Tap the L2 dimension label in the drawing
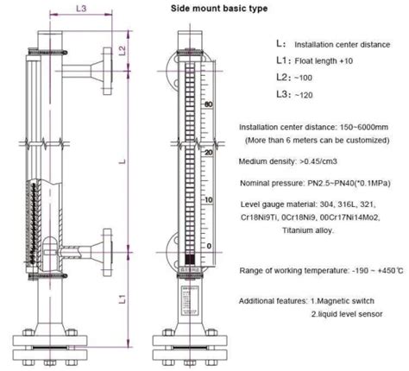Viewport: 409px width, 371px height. (123, 50)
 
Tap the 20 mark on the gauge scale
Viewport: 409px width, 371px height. (206, 152)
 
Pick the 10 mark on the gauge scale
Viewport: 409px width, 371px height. (206, 200)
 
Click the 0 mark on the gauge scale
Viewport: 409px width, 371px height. (207, 247)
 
